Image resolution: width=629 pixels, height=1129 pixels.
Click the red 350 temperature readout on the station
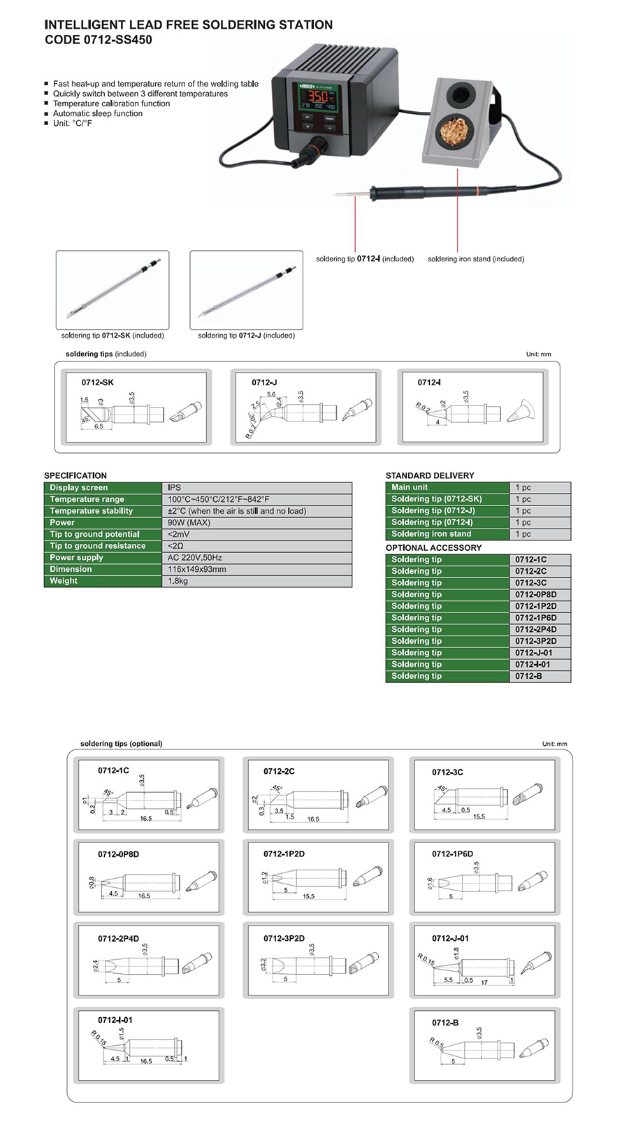pyautogui.click(x=318, y=96)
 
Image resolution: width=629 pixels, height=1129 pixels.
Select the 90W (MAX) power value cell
pyautogui.click(x=189, y=522)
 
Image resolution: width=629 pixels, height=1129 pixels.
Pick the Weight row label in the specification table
pyautogui.click(x=64, y=581)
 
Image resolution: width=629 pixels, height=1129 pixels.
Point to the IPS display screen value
pyautogui.click(x=174, y=487)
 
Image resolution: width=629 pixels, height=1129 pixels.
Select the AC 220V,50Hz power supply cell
pyautogui.click(x=195, y=558)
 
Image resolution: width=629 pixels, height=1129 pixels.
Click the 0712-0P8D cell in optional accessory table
pyautogui.click(x=535, y=594)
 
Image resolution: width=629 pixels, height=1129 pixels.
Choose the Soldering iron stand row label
pyautogui.click(x=431, y=534)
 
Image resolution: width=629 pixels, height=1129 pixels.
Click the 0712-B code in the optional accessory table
pyautogui.click(x=528, y=676)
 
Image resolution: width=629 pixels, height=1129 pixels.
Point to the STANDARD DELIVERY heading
pyautogui.click(x=430, y=475)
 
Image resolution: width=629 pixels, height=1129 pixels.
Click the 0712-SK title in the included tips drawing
pyautogui.click(x=97, y=382)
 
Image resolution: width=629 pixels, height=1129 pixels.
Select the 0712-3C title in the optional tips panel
pyautogui.click(x=447, y=772)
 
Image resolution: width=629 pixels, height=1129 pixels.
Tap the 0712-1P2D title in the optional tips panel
pyautogui.click(x=284, y=854)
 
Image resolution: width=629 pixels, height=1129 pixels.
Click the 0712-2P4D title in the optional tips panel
pyautogui.click(x=118, y=939)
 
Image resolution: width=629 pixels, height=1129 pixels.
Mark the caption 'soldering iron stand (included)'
pyautogui.click(x=476, y=259)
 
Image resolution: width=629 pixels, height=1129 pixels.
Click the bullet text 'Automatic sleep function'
pyautogui.click(x=98, y=113)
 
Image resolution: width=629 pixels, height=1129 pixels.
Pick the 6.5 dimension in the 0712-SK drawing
pyautogui.click(x=99, y=426)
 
